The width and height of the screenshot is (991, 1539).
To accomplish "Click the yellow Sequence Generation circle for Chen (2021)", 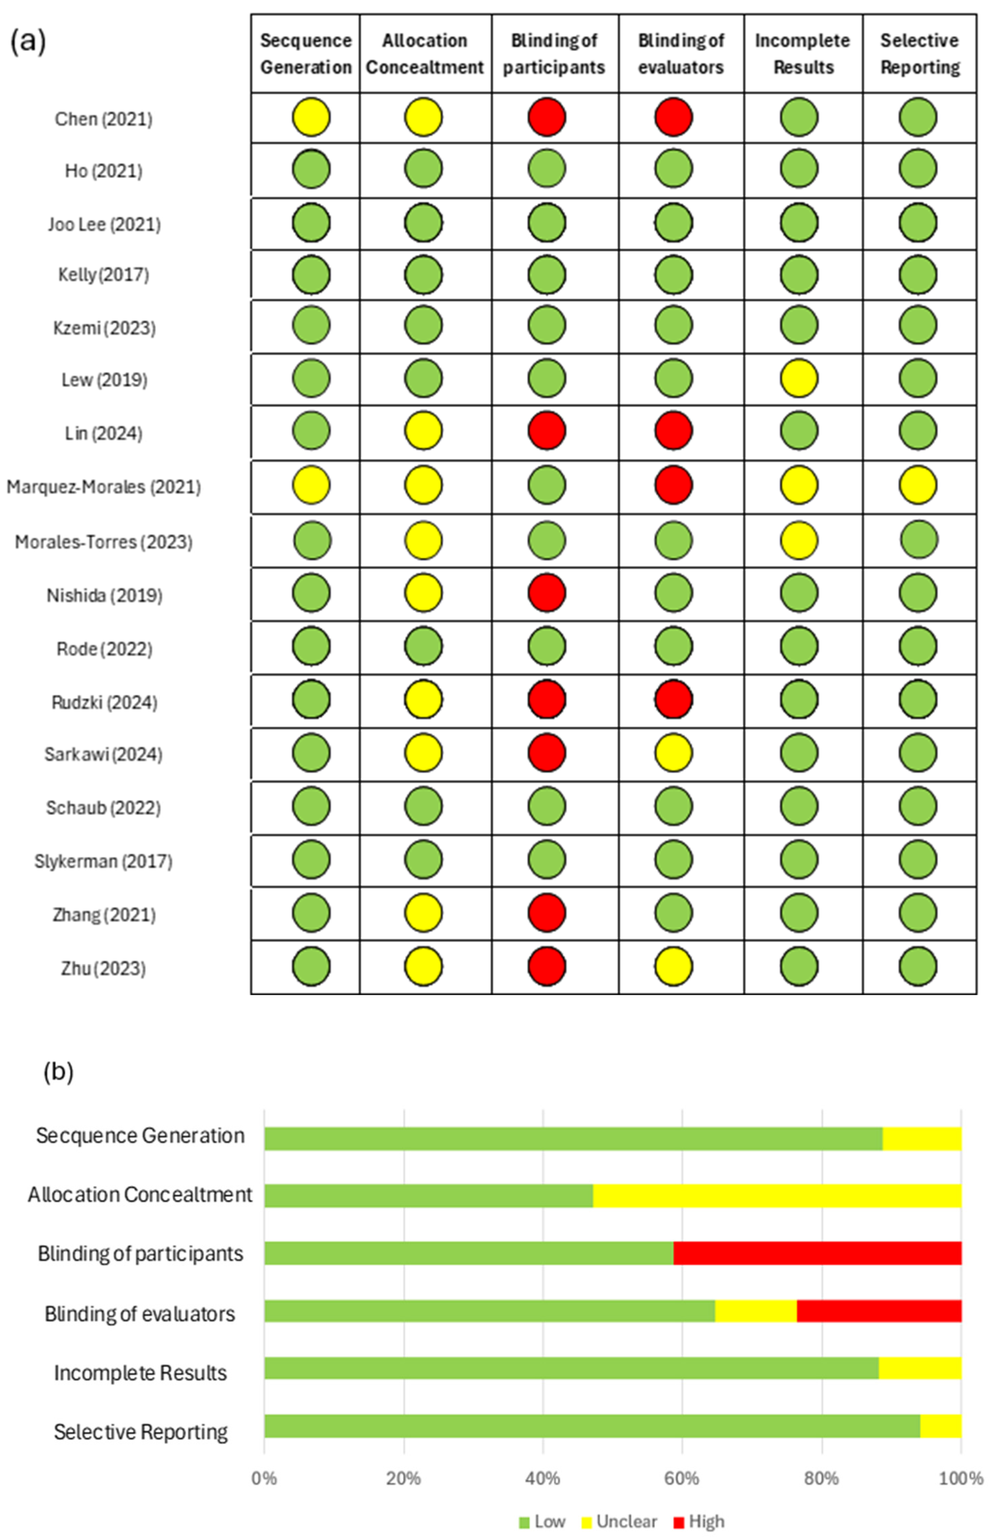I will click(311, 117).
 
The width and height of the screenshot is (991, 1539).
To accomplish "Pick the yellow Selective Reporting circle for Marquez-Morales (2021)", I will click(918, 485).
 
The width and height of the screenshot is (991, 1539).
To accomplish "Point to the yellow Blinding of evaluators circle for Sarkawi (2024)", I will click(673, 752).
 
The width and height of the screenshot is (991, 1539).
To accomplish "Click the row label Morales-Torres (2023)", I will click(104, 542).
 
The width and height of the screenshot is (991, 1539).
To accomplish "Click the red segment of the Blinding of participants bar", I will click(817, 1253).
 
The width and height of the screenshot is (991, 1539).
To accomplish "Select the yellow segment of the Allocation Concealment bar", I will click(777, 1195).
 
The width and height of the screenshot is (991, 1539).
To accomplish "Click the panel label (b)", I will click(58, 1072).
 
